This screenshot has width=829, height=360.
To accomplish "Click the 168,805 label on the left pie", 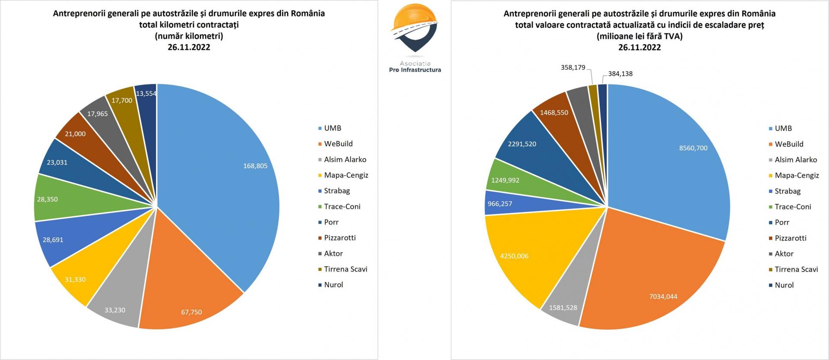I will pos(255,166).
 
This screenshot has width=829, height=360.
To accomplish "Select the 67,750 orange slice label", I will pos(191,312).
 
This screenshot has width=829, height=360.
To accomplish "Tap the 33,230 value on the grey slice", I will pos(115,310).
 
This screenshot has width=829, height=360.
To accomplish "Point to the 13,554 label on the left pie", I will pos(146,94).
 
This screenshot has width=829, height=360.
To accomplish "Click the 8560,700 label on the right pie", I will pos(693,148).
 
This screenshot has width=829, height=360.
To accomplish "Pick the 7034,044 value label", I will pos(663,297).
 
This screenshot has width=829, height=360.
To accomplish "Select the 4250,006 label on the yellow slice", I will pos(514,256).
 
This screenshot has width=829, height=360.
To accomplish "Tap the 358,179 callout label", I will pos(573,67).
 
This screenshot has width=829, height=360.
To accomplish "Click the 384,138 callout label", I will pos(620,74).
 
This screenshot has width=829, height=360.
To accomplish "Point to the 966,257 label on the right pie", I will pos(500,204).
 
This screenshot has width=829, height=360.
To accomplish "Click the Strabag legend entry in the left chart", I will pos(337,191).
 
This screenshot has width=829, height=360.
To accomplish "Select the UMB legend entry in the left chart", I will pos(332,128).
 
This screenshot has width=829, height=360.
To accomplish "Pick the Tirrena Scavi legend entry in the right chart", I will pos(796,269).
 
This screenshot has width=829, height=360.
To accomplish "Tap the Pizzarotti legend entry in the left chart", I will pos(339,238).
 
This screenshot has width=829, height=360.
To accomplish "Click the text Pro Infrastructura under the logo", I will pos(415,70).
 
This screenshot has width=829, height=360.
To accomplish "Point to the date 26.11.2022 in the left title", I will pos(189,47).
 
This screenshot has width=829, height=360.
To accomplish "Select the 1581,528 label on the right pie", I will pos(563,308).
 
